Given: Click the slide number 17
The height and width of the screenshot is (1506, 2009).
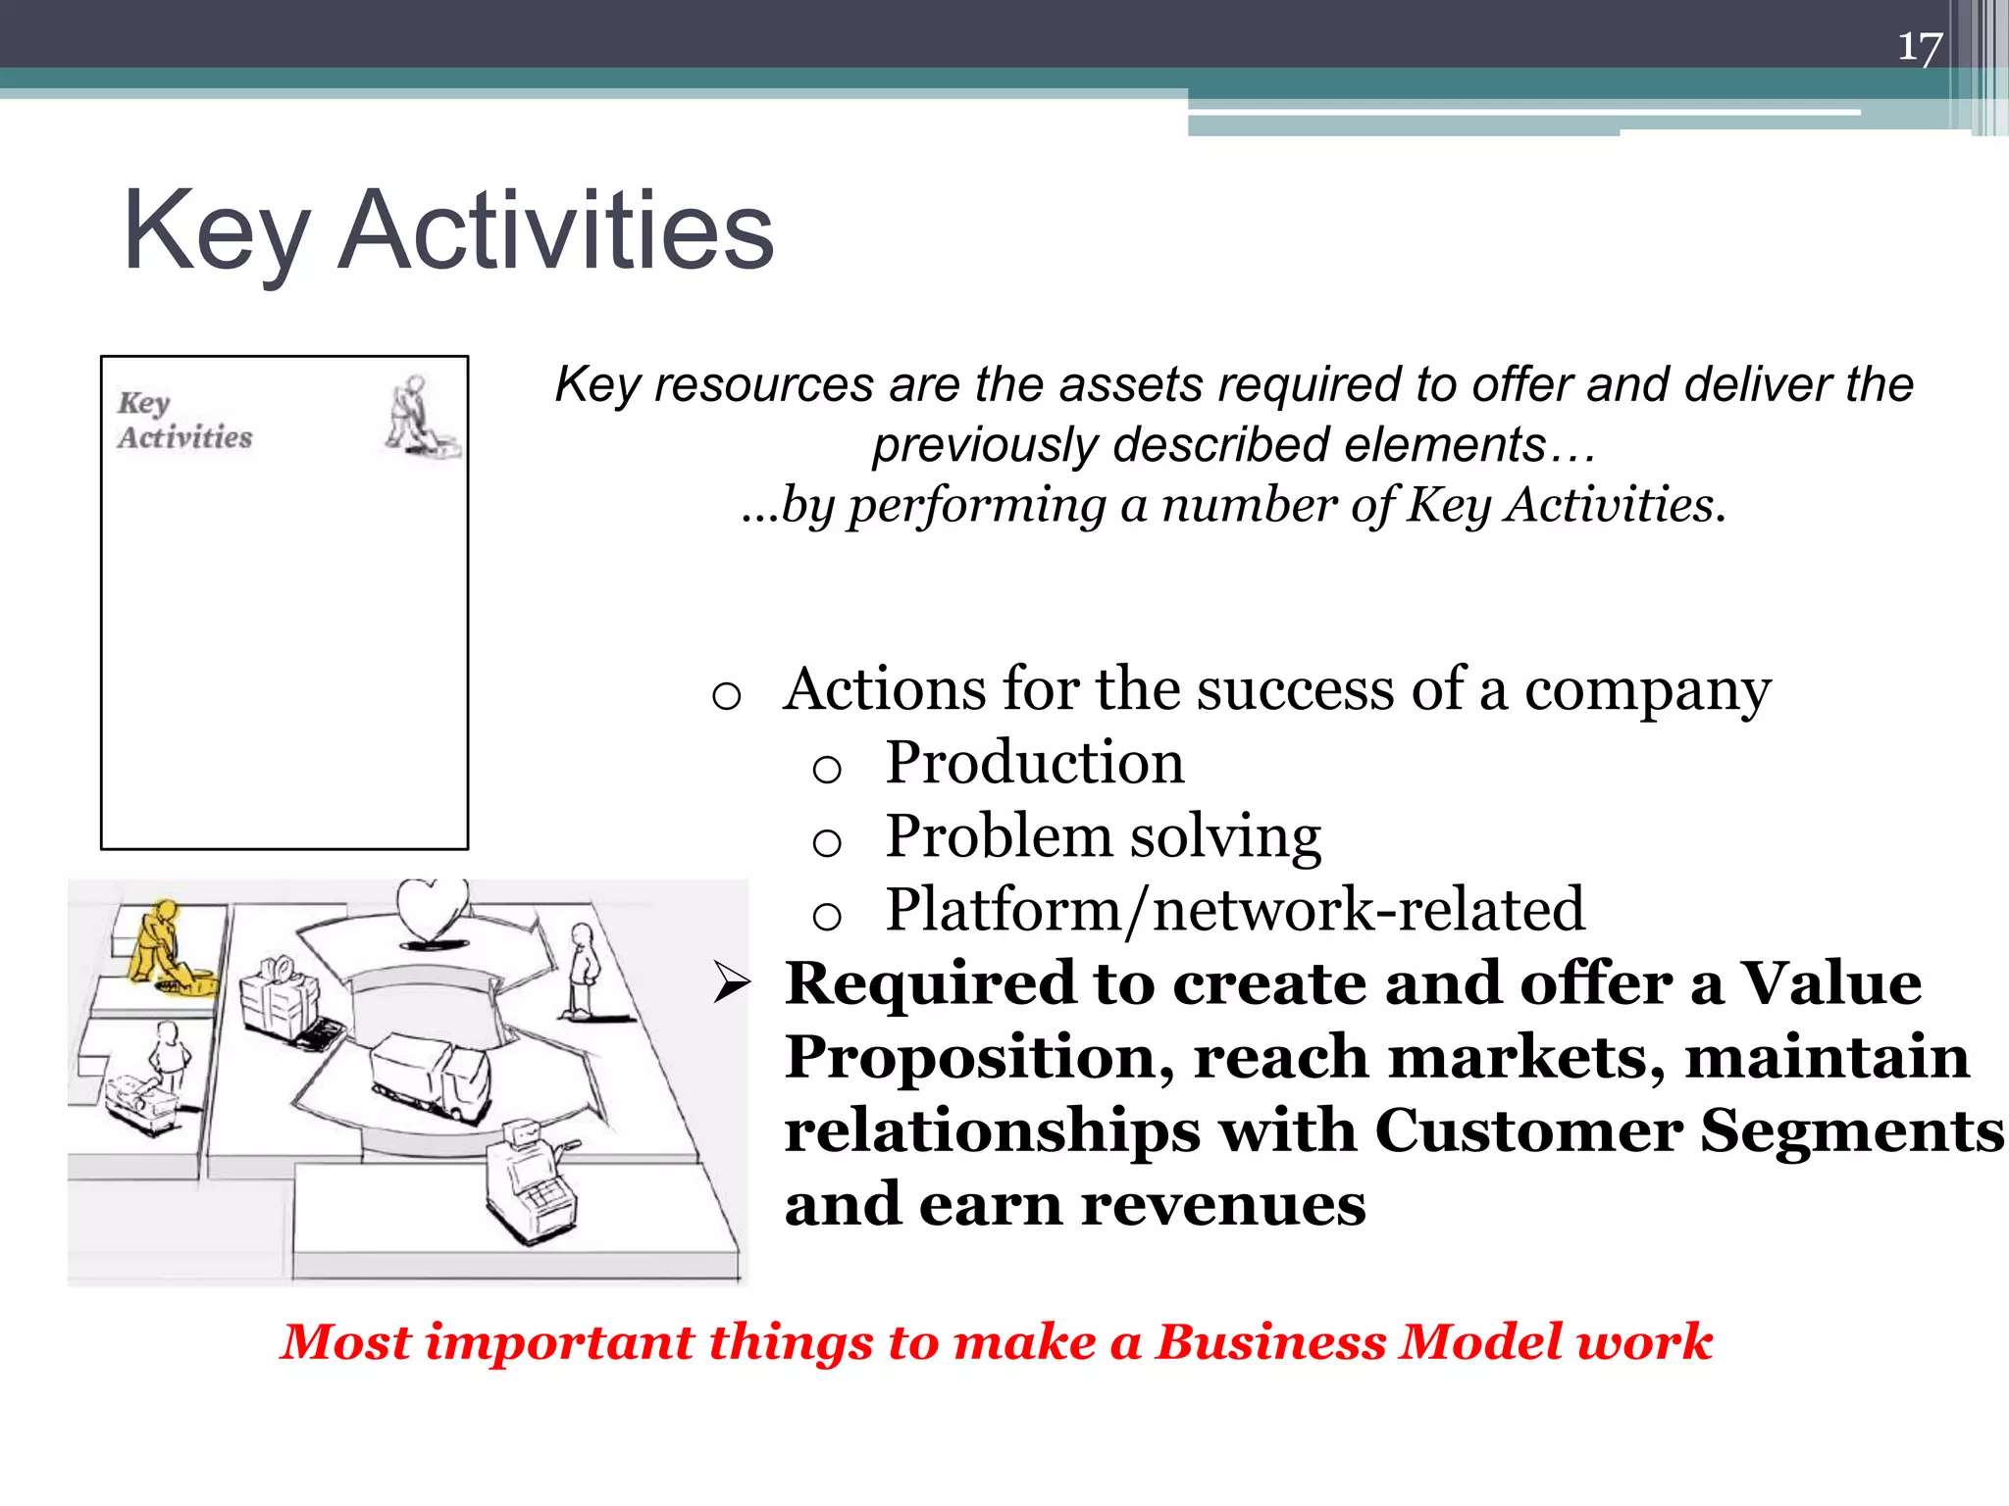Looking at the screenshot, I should tap(1919, 47).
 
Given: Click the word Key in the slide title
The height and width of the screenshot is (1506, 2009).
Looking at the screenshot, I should tap(216, 231).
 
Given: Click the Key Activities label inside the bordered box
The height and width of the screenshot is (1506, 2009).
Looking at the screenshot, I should tap(184, 421).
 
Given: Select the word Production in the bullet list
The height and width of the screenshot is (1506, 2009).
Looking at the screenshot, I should tap(1034, 763).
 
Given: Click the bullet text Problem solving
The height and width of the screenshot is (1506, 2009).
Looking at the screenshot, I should tap(1103, 836).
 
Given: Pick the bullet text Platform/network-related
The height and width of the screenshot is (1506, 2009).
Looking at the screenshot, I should tap(1234, 910).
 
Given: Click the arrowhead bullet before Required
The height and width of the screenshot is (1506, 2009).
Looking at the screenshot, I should tap(732, 983).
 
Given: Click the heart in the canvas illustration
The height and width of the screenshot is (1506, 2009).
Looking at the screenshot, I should tap(432, 910).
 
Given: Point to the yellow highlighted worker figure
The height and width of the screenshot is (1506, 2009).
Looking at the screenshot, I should tap(162, 946).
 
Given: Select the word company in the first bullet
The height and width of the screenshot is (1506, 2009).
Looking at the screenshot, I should tap(1647, 690).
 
